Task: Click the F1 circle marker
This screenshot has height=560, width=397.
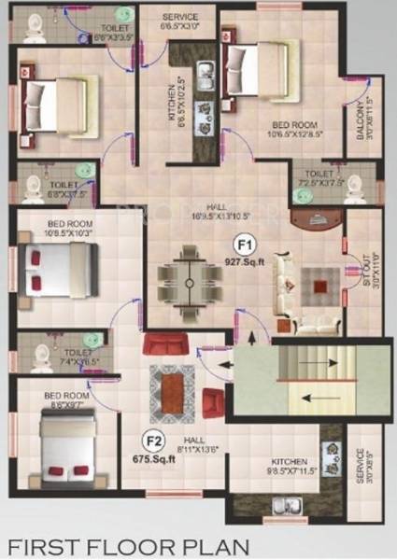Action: (245, 246)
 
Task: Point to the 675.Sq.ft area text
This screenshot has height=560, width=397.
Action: (153, 457)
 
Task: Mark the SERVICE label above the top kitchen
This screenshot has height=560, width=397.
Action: (178, 22)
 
